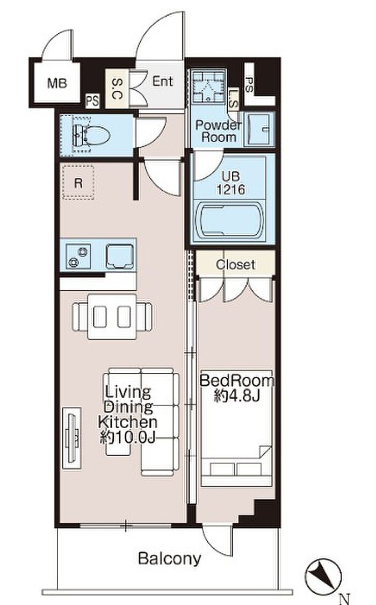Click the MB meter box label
(x=57, y=83)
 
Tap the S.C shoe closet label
(x=117, y=88)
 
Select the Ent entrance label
(x=163, y=81)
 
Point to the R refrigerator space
(x=78, y=183)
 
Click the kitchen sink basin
(x=120, y=256)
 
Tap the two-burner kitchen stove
(x=78, y=256)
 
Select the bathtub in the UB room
(x=230, y=220)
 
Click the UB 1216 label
(x=230, y=183)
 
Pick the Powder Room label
(x=219, y=131)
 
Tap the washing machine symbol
(x=208, y=87)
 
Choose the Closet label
(x=235, y=265)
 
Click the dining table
(x=112, y=316)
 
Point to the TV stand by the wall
(x=72, y=438)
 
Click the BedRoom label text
(x=237, y=381)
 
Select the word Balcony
(x=170, y=558)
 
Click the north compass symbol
(x=323, y=577)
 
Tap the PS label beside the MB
(x=92, y=102)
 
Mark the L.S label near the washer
(x=234, y=98)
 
